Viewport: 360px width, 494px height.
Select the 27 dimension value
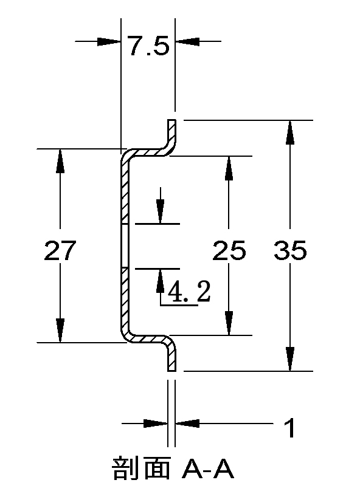(x=60, y=250)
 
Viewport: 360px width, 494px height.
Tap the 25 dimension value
(x=229, y=250)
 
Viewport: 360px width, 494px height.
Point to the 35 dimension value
(x=290, y=250)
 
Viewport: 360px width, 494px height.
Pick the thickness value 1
(x=290, y=428)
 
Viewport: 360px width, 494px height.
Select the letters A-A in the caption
(x=208, y=470)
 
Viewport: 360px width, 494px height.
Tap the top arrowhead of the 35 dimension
(x=290, y=132)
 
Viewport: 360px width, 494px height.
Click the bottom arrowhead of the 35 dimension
(x=290, y=359)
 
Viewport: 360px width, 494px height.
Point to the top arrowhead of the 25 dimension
(x=229, y=168)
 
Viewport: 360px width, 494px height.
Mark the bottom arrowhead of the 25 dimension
(x=229, y=323)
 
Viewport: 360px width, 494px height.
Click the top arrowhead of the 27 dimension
(x=60, y=161)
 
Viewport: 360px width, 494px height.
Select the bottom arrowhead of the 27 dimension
(x=60, y=330)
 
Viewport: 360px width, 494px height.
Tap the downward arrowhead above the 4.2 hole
(x=161, y=211)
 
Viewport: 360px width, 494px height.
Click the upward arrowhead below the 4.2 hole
(x=161, y=281)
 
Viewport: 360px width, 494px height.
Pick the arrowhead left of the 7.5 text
(x=109, y=41)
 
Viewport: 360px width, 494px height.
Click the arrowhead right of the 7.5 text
(x=187, y=41)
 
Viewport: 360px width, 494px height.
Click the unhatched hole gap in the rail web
(x=125, y=246)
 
